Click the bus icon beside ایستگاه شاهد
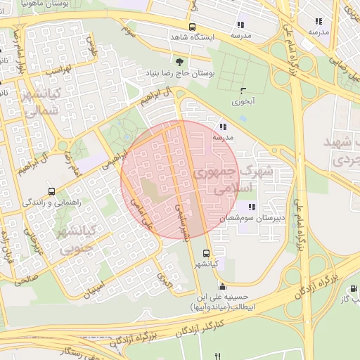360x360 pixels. coord(173,27)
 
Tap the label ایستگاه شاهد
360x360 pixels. coord(191,36)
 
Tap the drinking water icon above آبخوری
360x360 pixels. coord(243,90)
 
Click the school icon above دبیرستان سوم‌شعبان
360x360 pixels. coord(251,207)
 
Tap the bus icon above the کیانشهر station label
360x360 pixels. coord(206,253)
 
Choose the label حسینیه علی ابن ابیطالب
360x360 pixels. coord(224,302)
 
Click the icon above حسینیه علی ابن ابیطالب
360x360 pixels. coord(223,286)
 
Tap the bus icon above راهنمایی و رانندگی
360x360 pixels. coord(51,191)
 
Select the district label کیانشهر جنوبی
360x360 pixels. coord(75,239)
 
